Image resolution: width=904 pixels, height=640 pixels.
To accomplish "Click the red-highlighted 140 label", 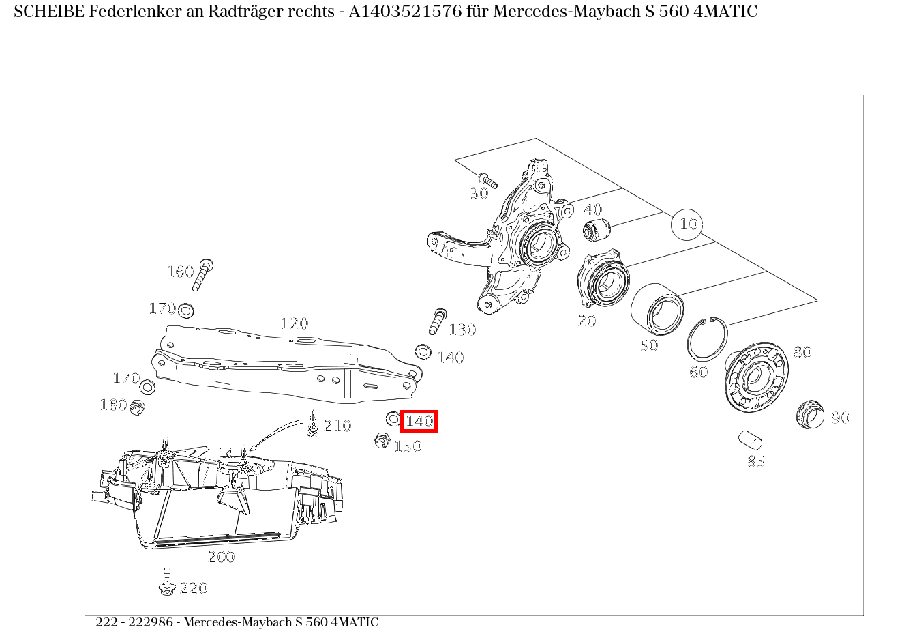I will pyautogui.click(x=419, y=422).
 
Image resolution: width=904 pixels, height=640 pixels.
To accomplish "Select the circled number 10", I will pyautogui.click(x=688, y=224).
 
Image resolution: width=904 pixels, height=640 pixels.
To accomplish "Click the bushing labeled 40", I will pyautogui.click(x=597, y=230).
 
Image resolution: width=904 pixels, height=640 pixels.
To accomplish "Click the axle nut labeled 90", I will pyautogui.click(x=809, y=414).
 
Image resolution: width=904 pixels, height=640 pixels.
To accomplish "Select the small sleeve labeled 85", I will pyautogui.click(x=750, y=439).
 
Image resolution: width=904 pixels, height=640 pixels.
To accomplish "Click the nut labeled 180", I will pyautogui.click(x=138, y=407).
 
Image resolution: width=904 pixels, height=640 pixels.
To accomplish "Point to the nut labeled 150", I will pyautogui.click(x=382, y=441).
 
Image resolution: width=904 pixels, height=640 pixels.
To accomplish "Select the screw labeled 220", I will pyautogui.click(x=166, y=581).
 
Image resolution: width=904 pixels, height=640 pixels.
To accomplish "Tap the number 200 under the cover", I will pyautogui.click(x=221, y=557).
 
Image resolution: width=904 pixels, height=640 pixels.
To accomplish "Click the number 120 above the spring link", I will pyautogui.click(x=295, y=323).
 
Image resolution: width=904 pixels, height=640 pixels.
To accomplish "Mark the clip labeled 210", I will pyautogui.click(x=313, y=425).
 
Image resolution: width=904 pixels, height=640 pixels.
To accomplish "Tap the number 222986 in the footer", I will pyautogui.click(x=153, y=622).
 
